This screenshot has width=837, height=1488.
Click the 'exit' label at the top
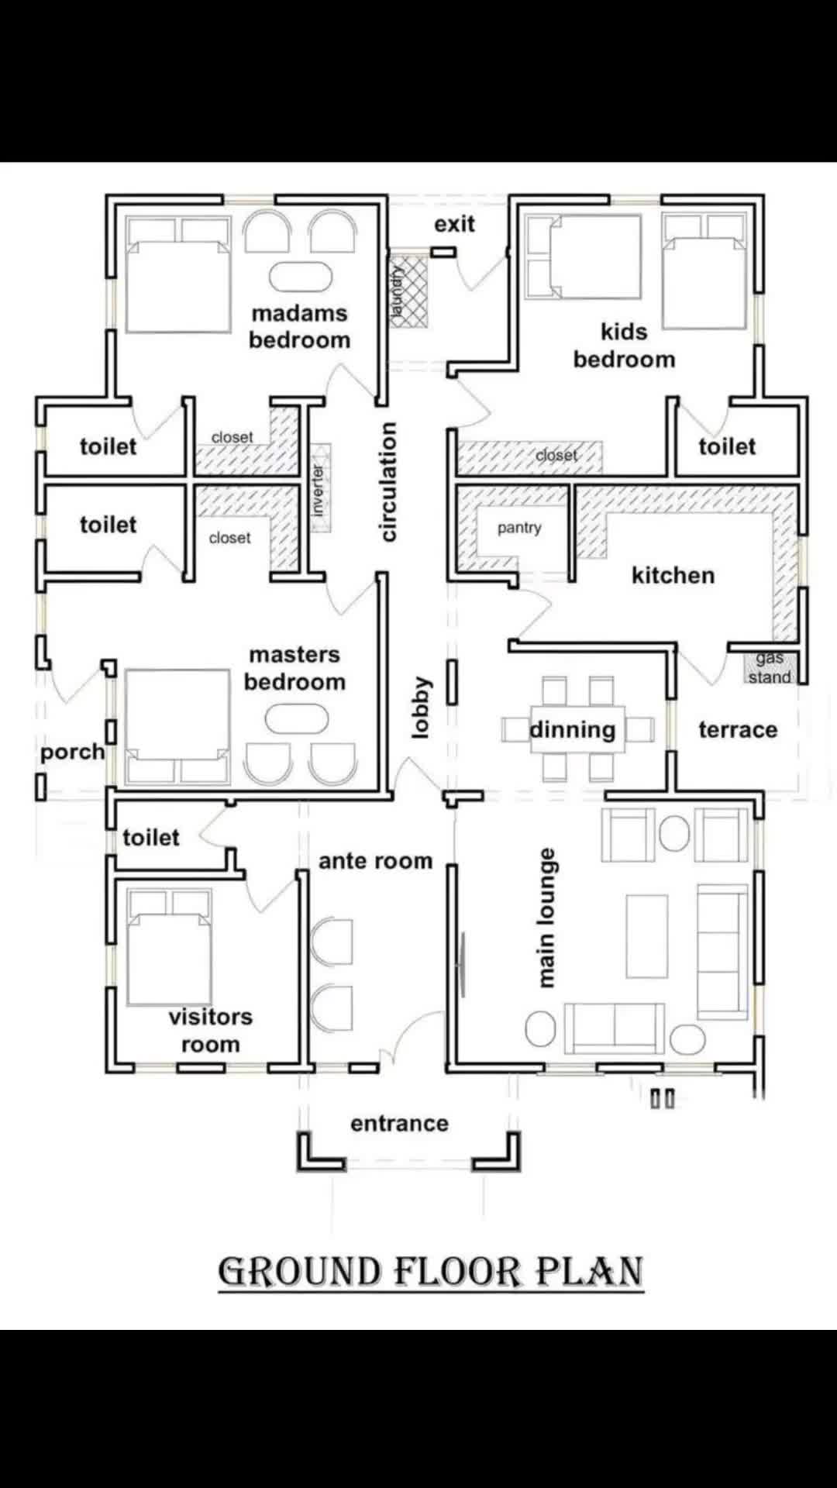454,224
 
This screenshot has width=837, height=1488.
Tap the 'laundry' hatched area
408,291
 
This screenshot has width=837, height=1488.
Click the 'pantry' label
519,528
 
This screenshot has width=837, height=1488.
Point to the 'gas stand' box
770,668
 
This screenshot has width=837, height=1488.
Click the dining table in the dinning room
577,729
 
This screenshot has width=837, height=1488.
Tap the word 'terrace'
738,730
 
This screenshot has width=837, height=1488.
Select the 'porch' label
73,753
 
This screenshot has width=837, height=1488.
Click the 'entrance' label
399,1124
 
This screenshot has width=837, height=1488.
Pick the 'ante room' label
376,861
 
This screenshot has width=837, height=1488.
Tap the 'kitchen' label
673,576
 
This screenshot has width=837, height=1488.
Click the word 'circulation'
388,482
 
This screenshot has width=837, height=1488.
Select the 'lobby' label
420,708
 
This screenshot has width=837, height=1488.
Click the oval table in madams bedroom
301,277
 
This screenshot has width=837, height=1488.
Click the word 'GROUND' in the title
300,1272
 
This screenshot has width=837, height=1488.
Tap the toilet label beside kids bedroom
727,446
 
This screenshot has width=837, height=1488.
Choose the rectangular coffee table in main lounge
647,936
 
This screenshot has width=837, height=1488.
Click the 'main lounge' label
546,918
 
